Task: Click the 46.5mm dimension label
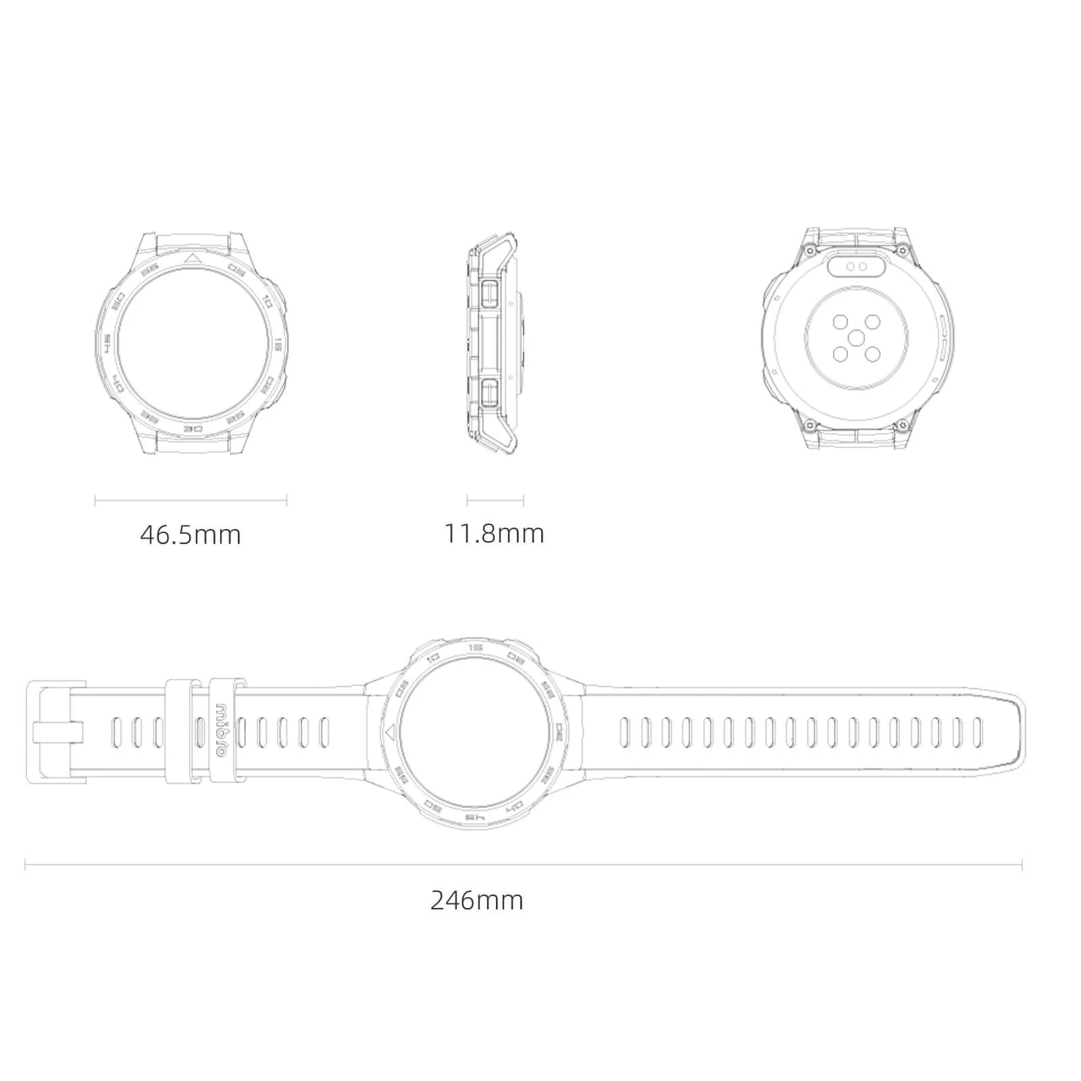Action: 191,535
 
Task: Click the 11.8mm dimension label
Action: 494,534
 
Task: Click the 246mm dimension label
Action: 477,901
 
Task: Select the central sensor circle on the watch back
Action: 857,338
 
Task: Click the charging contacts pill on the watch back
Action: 857,266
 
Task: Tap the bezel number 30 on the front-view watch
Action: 194,429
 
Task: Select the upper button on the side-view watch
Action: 491,292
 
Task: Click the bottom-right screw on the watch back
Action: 901,424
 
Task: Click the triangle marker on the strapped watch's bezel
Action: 389,732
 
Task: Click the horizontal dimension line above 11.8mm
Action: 495,501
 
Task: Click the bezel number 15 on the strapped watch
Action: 475,647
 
